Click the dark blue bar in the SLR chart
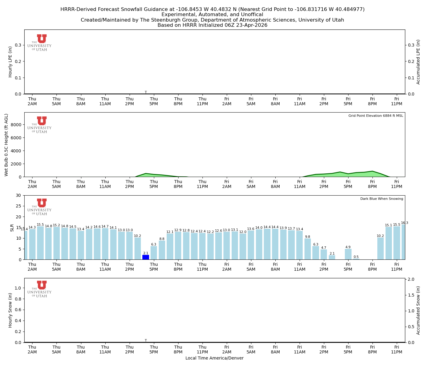pyautogui.click(x=146, y=257)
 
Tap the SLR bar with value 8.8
pyautogui.click(x=162, y=250)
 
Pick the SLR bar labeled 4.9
pyautogui.click(x=348, y=254)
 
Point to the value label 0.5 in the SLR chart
pyautogui.click(x=356, y=257)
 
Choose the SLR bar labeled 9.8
pyautogui.click(x=308, y=249)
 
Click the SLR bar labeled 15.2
pyautogui.click(x=56, y=243)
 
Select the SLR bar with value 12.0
pyautogui.click(x=243, y=247)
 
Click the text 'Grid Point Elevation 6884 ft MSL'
pyautogui.click(x=376, y=116)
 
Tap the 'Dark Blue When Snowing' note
pyautogui.click(x=382, y=199)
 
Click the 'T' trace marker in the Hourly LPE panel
pyautogui.click(x=146, y=92)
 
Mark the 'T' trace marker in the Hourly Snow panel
pyautogui.click(x=146, y=340)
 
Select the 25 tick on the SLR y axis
pyautogui.click(x=19, y=206)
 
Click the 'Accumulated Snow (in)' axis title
pyautogui.click(x=418, y=310)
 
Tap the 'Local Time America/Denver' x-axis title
pyautogui.click(x=214, y=358)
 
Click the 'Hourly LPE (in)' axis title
pyautogui.click(x=10, y=62)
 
